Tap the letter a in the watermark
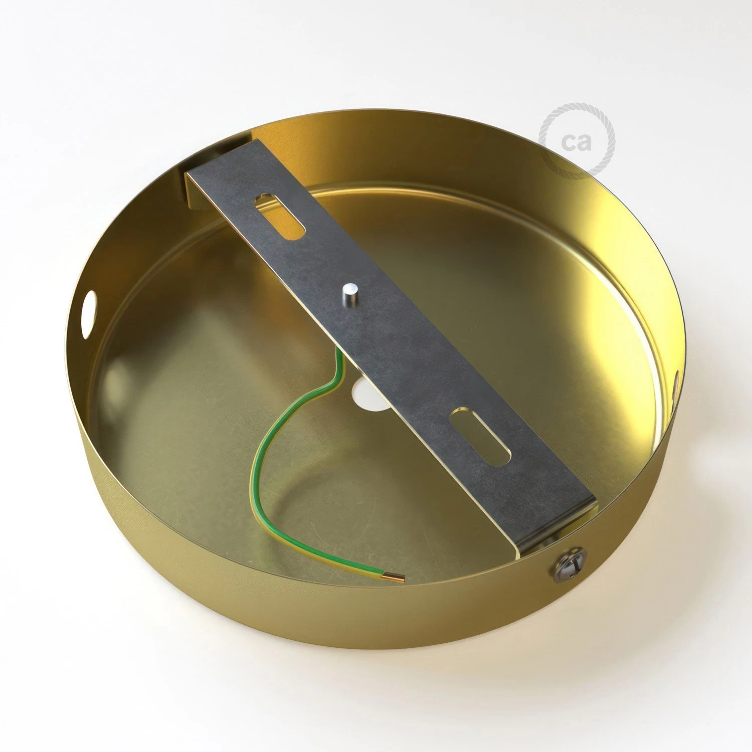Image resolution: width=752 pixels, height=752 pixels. (x=585, y=142)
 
